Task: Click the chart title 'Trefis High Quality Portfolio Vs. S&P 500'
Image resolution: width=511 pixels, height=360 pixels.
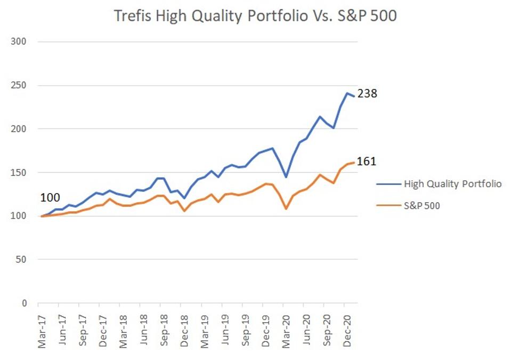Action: click(x=255, y=16)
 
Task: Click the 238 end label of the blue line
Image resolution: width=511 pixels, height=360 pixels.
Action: click(x=367, y=94)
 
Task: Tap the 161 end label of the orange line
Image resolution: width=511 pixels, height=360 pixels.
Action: click(x=367, y=161)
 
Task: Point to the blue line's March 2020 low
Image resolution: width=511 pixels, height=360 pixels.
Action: click(x=286, y=177)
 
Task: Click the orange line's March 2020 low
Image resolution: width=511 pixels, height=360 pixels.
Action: click(x=286, y=209)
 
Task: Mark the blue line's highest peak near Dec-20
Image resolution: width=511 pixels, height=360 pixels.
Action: click(x=347, y=93)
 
